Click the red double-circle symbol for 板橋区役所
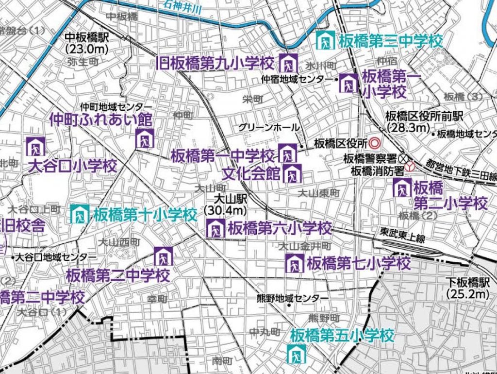(374, 143)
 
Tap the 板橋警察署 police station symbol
(403, 158)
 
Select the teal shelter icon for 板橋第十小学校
(80, 214)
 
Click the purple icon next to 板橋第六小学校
(215, 228)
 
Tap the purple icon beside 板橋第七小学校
(294, 264)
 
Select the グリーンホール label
(269, 127)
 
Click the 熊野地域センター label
(293, 298)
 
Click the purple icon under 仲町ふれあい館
(145, 138)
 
